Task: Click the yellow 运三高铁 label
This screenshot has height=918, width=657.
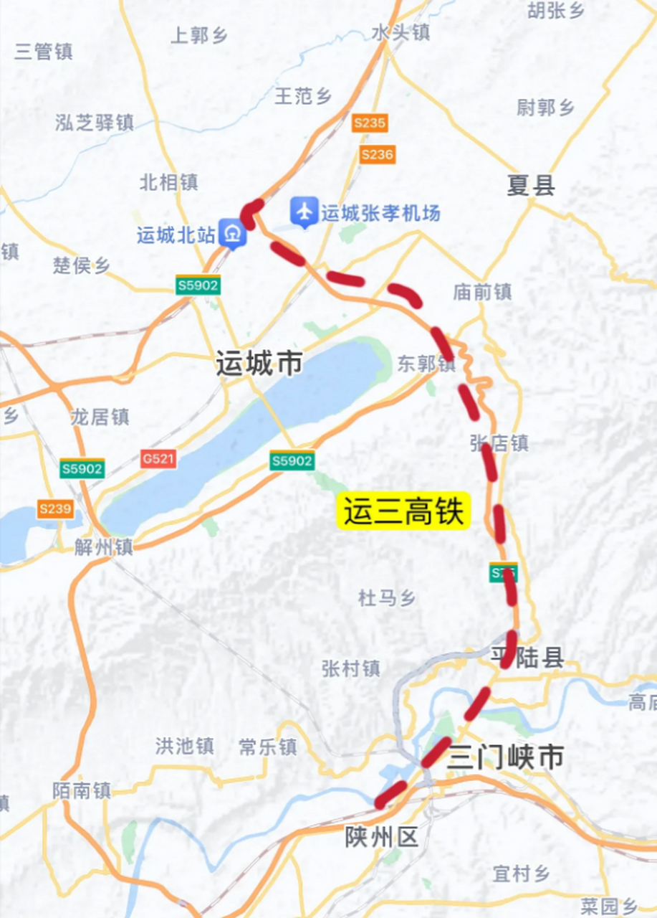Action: pos(403,512)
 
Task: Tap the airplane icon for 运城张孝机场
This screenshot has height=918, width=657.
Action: pos(304,212)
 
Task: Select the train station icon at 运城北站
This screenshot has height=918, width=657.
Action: pos(233,234)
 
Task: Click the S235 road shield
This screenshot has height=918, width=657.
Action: pos(370,123)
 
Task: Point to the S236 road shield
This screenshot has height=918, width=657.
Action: pos(377,154)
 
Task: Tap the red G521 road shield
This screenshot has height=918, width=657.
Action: pos(158,458)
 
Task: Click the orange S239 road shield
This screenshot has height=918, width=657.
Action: pos(55,508)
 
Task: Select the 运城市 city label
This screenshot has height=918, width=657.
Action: pos(259,364)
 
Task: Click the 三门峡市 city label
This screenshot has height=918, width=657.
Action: pos(505,757)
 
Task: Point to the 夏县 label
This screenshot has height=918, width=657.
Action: pos(531,186)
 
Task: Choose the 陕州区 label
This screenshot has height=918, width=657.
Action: pos(382,837)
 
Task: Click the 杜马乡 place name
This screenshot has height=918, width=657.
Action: pos(387,597)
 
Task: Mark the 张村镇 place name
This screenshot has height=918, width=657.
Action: pos(350,668)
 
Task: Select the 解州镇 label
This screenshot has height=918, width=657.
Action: pos(104,547)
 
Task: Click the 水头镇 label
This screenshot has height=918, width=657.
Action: pos(401,32)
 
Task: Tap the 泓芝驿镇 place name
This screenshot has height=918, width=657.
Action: pos(95,123)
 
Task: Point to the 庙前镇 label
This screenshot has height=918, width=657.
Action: pos(482,291)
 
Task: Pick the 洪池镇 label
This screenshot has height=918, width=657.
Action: pos(184,746)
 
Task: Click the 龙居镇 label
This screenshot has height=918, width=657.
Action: pos(100,417)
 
